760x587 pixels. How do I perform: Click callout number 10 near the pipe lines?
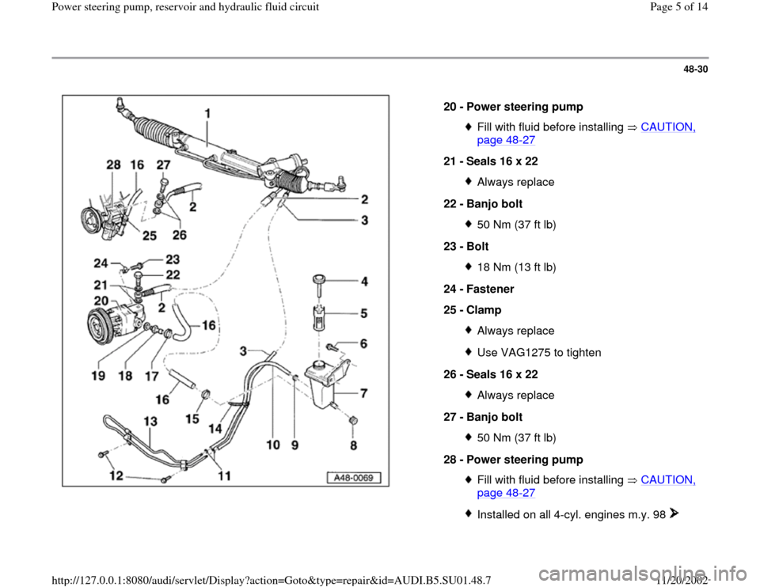[x=273, y=446]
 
